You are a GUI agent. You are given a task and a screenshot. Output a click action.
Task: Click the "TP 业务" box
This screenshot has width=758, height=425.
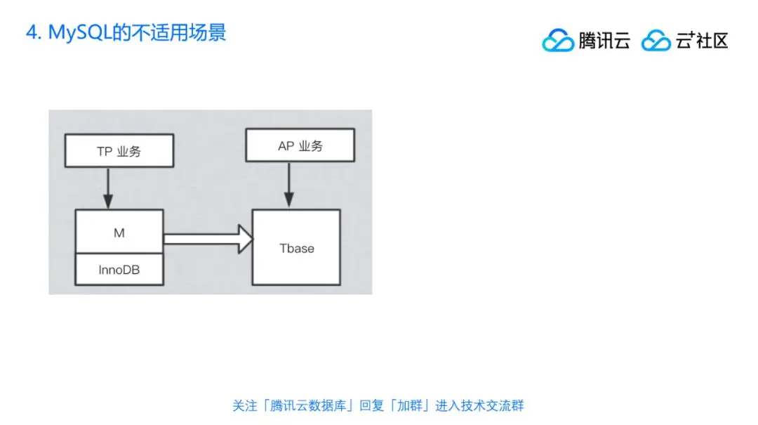pos(119,151)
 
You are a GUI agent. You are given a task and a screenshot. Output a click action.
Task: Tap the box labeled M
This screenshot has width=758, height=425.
pos(119,233)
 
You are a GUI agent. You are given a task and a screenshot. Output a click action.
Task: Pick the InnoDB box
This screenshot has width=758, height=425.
pos(119,270)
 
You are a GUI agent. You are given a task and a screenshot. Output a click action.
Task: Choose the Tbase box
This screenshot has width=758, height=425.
pos(297,247)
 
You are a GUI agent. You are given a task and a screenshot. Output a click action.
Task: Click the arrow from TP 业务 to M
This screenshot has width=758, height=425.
pos(107,188)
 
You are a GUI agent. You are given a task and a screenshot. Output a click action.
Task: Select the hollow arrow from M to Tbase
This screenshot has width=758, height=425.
pos(208,239)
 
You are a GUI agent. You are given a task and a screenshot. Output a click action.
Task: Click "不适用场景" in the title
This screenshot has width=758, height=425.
pos(182,33)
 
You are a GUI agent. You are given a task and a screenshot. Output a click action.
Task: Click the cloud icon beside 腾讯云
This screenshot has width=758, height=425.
pos(558,41)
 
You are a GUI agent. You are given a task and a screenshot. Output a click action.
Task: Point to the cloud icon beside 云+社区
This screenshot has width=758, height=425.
pos(656,41)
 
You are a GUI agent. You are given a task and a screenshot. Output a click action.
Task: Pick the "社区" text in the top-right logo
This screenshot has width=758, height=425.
pos(712,41)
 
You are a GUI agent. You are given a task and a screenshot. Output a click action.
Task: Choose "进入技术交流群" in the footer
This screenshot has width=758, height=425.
pos(479,405)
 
